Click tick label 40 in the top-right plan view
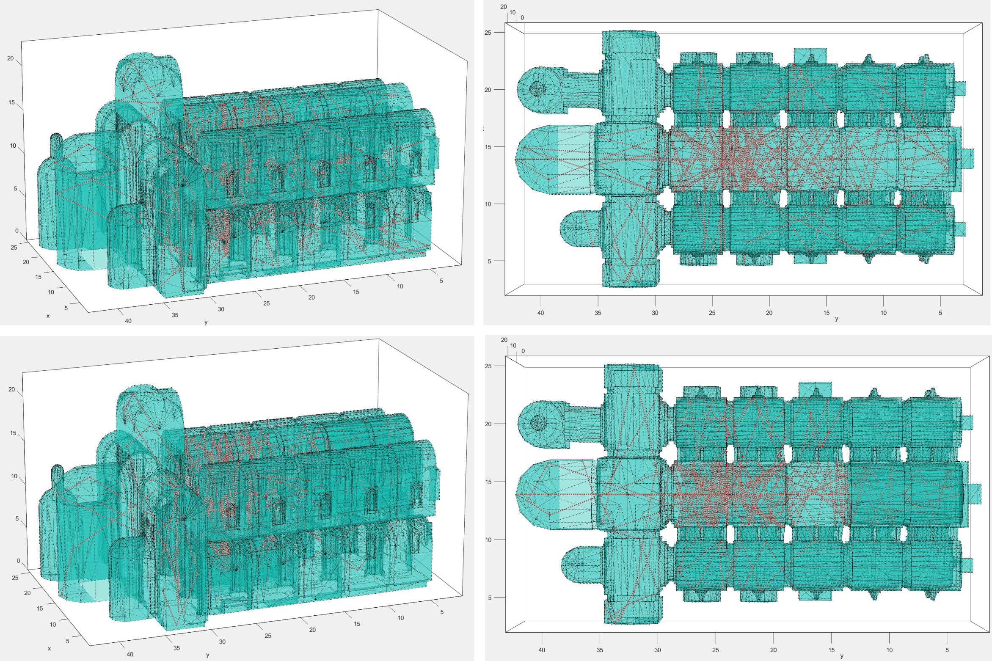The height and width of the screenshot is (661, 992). [x=540, y=313]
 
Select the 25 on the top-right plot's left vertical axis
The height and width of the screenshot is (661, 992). [x=488, y=33]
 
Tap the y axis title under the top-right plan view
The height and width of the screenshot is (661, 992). [x=836, y=319]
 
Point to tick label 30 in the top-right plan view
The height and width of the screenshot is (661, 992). [x=655, y=313]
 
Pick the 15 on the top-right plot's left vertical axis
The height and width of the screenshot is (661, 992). [x=488, y=147]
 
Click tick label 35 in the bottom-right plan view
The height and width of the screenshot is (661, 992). [x=600, y=650]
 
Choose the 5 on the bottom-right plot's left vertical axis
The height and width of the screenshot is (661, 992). [x=490, y=598]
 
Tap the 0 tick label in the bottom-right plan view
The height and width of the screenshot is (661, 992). [x=523, y=351]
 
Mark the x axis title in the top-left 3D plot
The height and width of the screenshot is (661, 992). [x=48, y=316]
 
